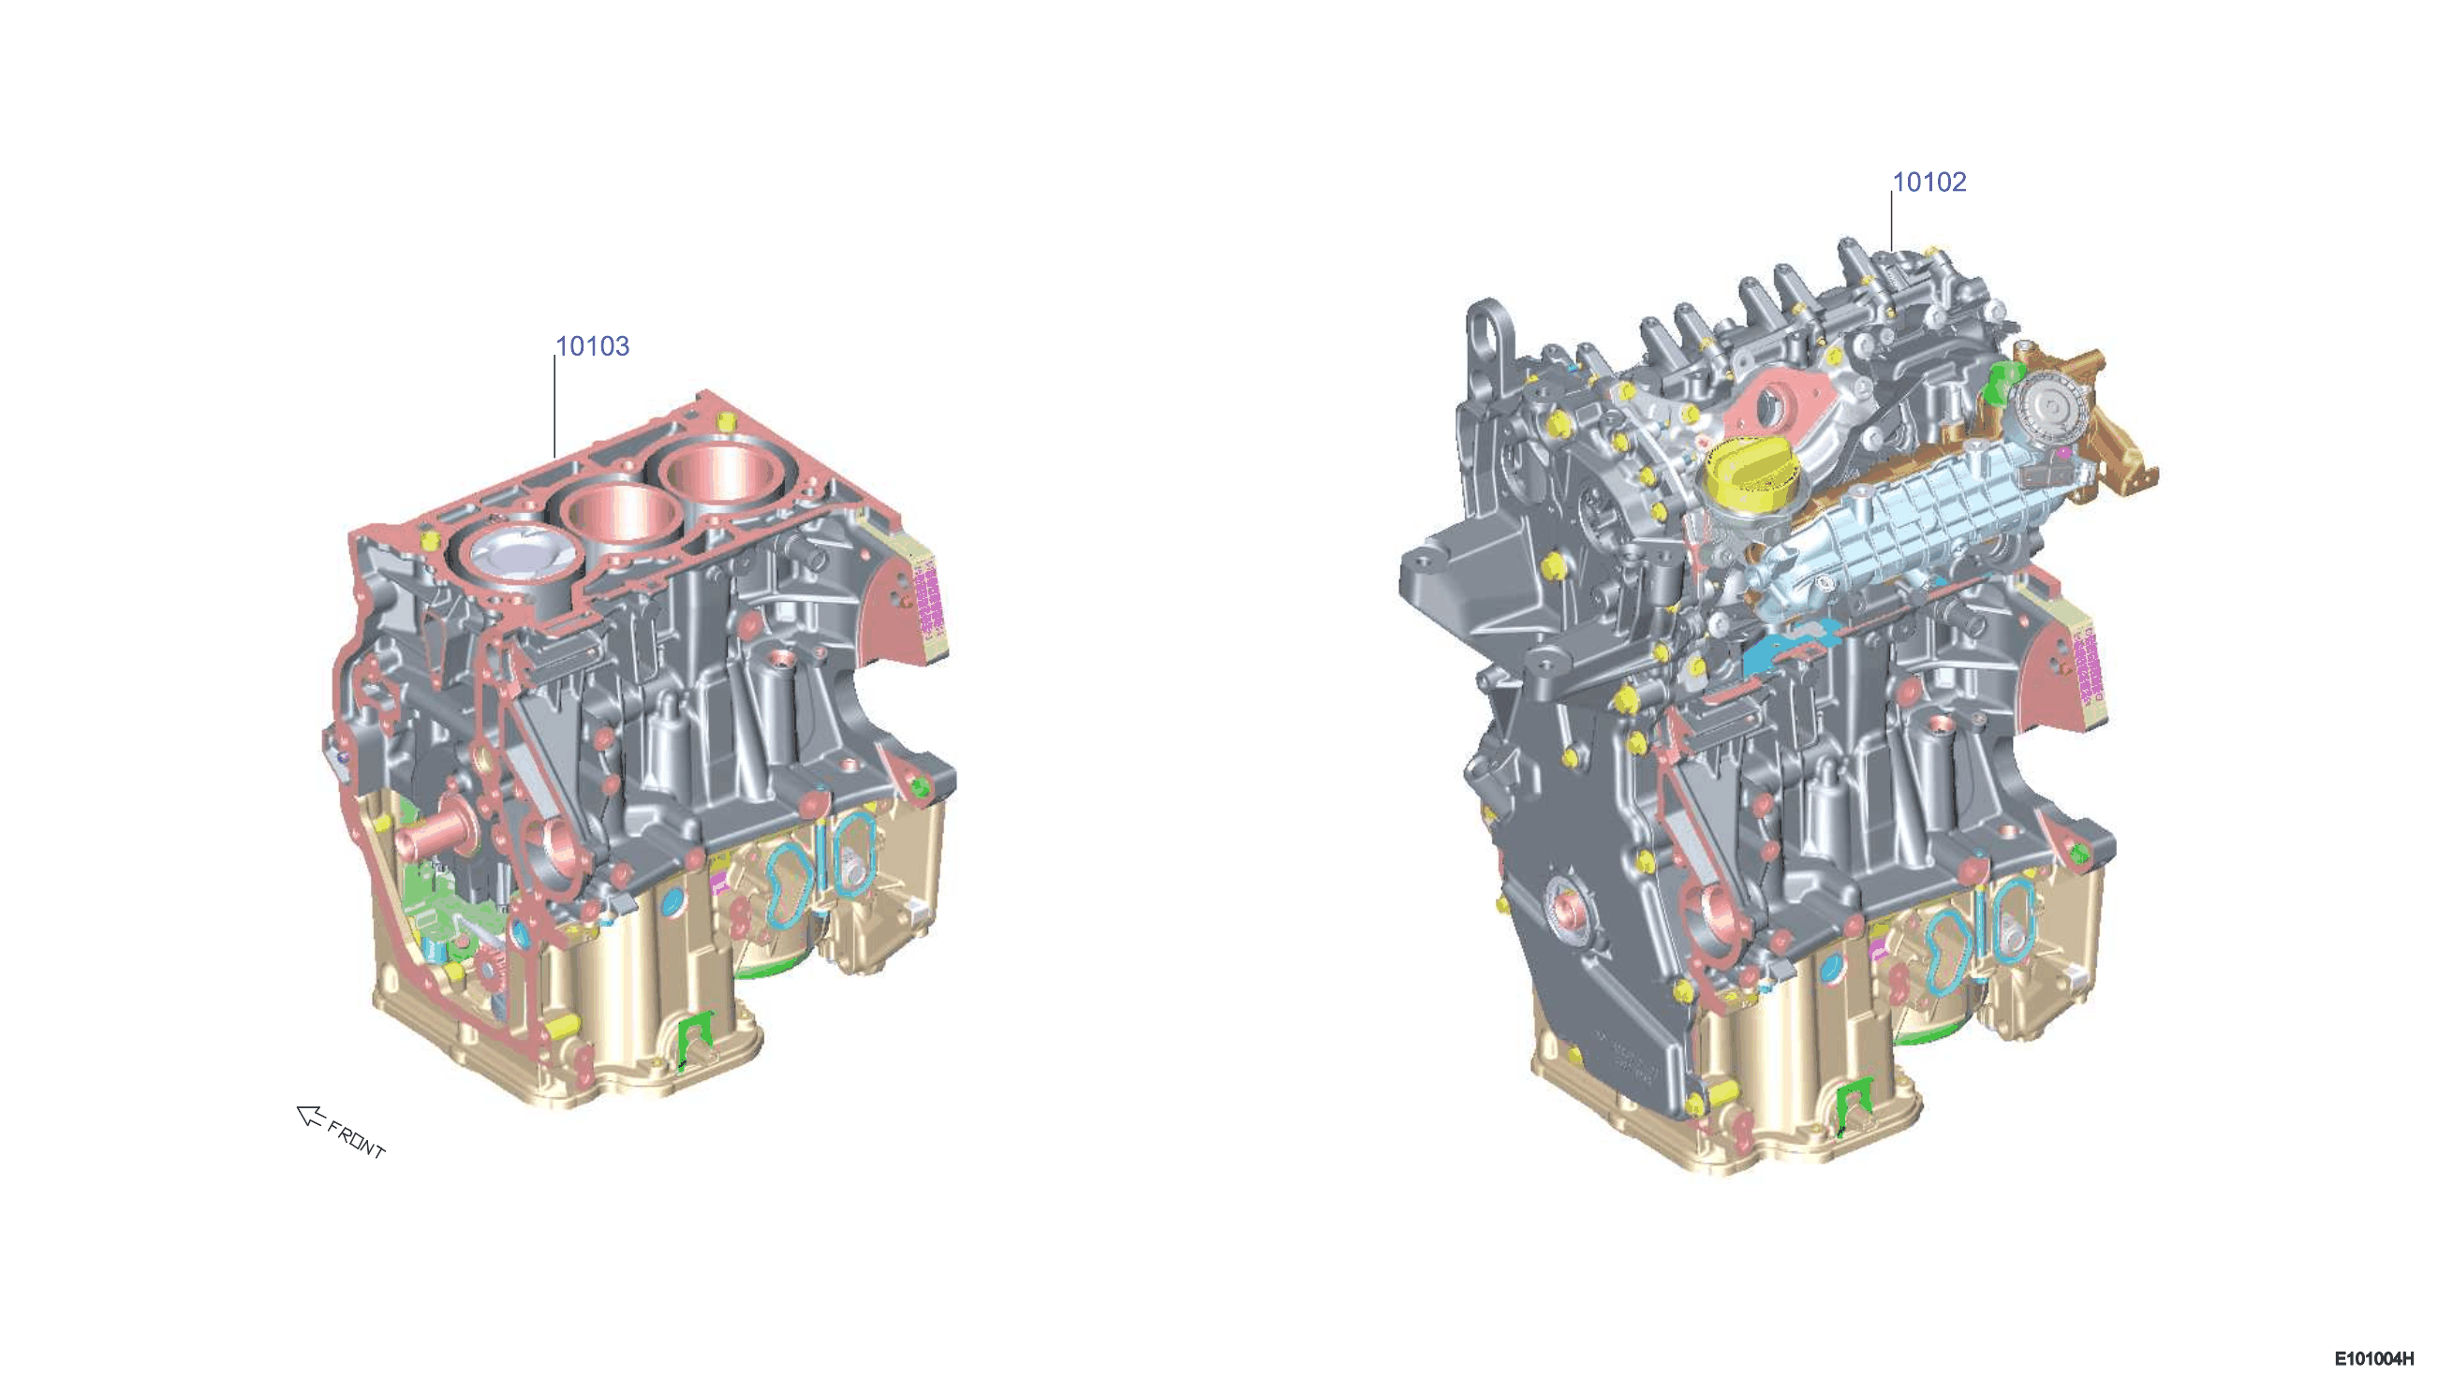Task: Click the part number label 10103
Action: click(592, 346)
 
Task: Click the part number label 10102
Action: click(1929, 183)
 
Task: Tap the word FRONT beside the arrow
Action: click(357, 1139)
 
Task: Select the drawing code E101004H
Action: click(2373, 1358)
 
